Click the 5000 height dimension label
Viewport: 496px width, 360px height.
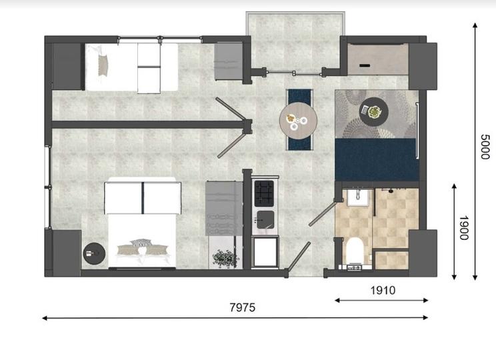click(485, 146)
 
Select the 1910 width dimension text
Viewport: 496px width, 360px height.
click(382, 290)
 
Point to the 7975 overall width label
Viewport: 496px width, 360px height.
click(242, 308)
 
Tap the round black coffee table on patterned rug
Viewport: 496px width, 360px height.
click(371, 111)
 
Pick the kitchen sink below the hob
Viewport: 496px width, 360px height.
click(264, 218)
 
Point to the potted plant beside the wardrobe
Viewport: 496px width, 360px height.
click(225, 258)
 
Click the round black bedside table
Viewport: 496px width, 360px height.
click(93, 253)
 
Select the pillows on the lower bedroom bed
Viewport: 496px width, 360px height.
click(141, 247)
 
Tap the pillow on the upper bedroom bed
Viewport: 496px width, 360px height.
click(103, 64)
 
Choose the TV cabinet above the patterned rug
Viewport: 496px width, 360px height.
click(375, 59)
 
